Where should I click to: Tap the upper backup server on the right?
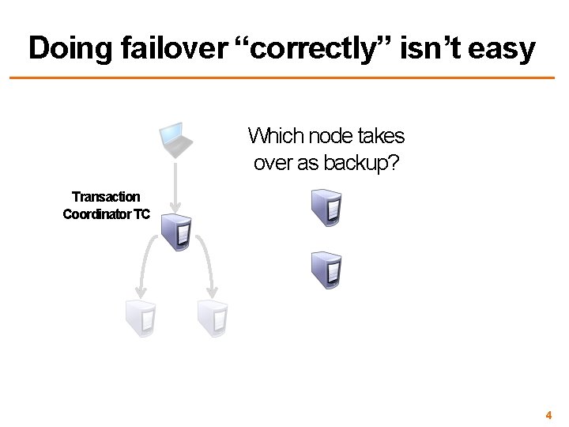coord(326,206)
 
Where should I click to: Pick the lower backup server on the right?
coord(326,269)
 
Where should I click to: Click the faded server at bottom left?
coord(140,318)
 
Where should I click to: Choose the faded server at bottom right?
coord(213,318)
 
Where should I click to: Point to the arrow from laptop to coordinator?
coord(176,186)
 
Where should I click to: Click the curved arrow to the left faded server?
coord(143,269)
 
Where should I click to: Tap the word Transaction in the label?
coord(106,197)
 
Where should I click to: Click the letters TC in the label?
coord(142,213)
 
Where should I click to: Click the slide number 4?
coord(548,415)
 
